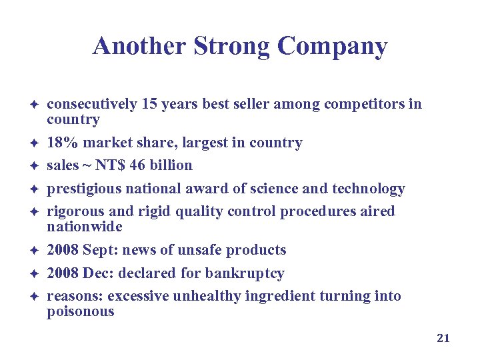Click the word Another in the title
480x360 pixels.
pyautogui.click(x=139, y=47)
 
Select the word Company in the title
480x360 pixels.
pyautogui.click(x=332, y=47)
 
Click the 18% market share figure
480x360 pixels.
pyautogui.click(x=60, y=143)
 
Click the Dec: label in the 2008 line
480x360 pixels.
pyautogui.click(x=95, y=273)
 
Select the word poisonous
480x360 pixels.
pyautogui.click(x=80, y=311)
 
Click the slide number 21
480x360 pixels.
pyautogui.click(x=443, y=338)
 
